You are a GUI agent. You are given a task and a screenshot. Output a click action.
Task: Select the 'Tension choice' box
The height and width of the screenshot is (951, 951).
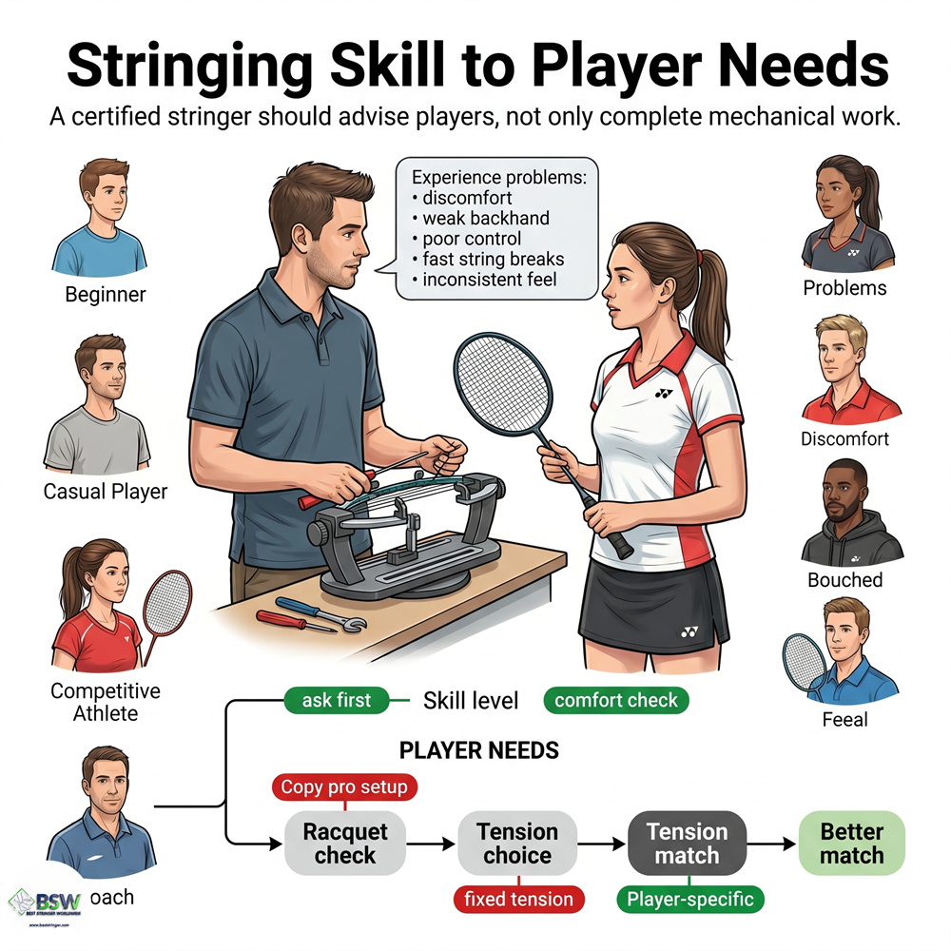click(x=517, y=844)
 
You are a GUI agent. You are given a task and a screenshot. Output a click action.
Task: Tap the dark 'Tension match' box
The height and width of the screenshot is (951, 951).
click(x=687, y=844)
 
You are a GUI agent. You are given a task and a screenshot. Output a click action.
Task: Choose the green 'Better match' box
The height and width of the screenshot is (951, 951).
click(x=851, y=844)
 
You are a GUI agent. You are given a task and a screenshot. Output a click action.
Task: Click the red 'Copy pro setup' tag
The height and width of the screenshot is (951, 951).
click(x=344, y=787)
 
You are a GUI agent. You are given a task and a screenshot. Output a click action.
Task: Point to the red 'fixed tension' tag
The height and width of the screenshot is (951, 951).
click(x=518, y=899)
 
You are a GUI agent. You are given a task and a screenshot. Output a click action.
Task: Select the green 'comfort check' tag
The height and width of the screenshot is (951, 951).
click(x=616, y=701)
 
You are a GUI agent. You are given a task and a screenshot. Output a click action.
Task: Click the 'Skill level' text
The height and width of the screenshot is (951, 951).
click(x=471, y=702)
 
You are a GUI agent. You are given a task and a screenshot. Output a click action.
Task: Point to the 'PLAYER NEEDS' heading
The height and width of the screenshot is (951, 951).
click(x=478, y=750)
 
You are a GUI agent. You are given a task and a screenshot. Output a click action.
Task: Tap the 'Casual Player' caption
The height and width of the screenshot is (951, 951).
click(x=105, y=492)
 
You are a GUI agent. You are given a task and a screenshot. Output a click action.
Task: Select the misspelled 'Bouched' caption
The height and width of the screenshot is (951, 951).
click(x=844, y=579)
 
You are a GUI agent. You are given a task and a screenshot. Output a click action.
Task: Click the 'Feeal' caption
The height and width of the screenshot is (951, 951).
click(x=844, y=720)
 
